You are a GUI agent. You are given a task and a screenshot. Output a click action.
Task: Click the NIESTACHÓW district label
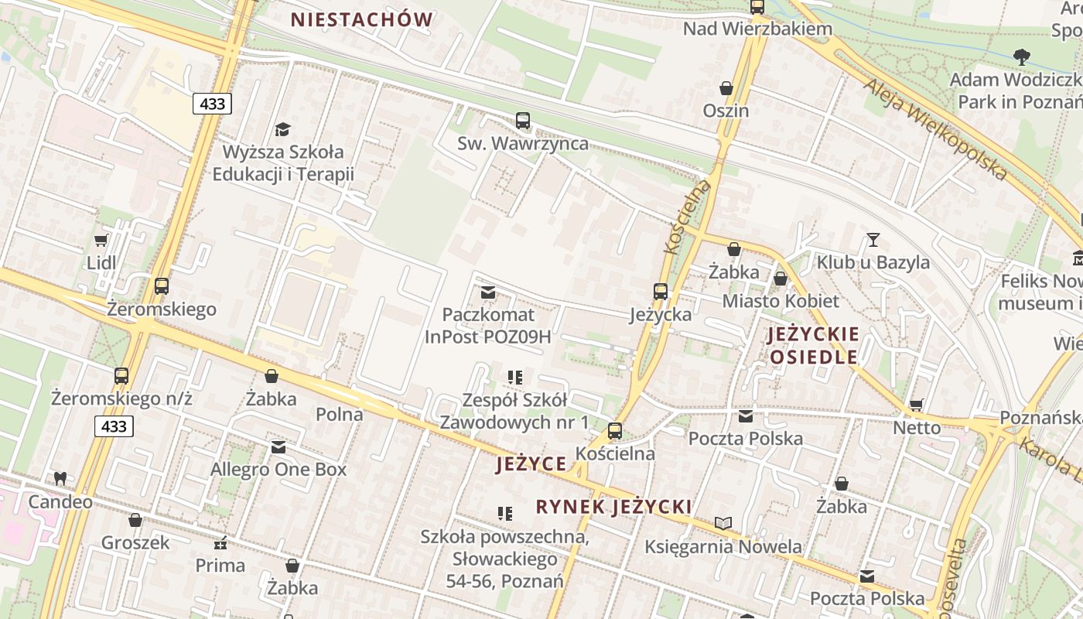tap(361, 20)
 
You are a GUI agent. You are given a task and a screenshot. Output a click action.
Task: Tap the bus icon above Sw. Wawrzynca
tap(523, 121)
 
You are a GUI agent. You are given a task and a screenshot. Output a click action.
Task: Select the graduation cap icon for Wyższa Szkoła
tap(282, 129)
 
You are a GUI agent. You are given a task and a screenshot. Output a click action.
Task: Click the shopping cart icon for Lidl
tap(101, 240)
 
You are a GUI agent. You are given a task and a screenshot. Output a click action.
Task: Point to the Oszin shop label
tap(726, 111)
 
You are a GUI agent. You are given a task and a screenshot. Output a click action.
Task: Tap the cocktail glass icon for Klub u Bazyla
tap(873, 240)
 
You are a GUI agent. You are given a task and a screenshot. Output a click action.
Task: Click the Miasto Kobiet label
tap(781, 301)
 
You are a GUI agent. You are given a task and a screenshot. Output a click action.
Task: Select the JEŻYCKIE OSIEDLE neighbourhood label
tap(813, 346)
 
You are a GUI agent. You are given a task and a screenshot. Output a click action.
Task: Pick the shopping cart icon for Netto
tap(917, 405)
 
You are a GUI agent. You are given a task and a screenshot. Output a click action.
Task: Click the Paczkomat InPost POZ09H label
tap(487, 326)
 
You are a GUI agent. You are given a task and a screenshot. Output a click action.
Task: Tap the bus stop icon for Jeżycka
tap(660, 292)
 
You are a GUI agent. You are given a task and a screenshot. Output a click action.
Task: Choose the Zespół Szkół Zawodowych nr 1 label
tap(514, 411)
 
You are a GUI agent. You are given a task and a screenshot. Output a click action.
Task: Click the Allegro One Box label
tap(278, 470)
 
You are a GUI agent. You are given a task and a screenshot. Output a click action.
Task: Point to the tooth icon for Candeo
tap(60, 479)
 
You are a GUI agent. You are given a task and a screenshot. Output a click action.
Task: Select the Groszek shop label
tap(135, 542)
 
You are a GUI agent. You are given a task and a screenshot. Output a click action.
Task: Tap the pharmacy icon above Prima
tap(220, 543)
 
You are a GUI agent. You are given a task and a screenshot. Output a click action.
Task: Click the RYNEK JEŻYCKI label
tap(613, 507)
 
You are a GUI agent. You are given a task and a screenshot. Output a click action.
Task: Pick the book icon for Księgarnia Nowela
tap(723, 524)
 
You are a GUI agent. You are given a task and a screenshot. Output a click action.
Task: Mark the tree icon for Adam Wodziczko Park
tap(1021, 56)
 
